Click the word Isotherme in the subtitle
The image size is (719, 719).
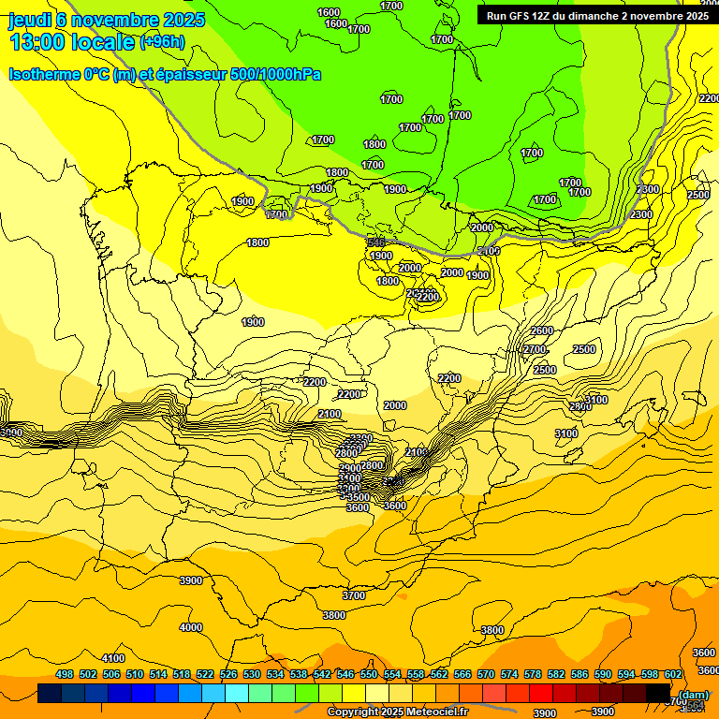click(44, 74)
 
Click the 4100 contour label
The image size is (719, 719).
click(113, 658)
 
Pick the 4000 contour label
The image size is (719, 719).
click(191, 627)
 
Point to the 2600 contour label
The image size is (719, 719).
click(541, 330)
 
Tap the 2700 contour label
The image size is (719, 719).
click(534, 349)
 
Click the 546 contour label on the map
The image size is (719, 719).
click(376, 242)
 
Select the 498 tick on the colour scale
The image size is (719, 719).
click(65, 674)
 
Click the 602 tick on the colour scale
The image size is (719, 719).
click(673, 674)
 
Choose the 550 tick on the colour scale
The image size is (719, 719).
click(369, 674)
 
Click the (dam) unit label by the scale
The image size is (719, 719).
click(693, 694)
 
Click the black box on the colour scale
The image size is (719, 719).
click(658, 694)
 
